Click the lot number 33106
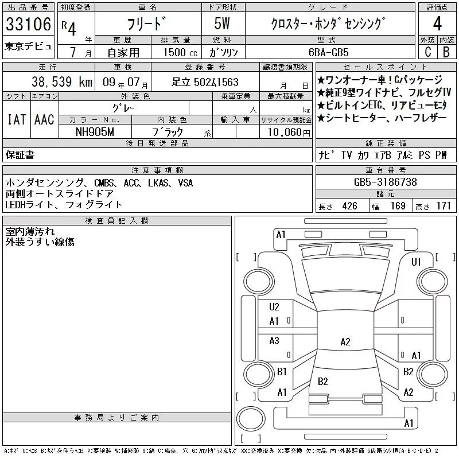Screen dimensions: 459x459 pyautogui.click(x=28, y=24)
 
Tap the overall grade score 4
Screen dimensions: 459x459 pyautogui.click(x=437, y=24)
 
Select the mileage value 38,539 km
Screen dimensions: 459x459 pyautogui.click(x=62, y=81)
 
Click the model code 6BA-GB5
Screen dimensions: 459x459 pyautogui.click(x=328, y=52)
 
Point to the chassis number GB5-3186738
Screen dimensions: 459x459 pyautogui.click(x=385, y=182)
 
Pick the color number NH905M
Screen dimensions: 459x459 pyautogui.click(x=95, y=132)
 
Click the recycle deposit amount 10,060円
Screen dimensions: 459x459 pyautogui.click(x=289, y=133)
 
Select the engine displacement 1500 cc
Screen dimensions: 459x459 pyautogui.click(x=180, y=52)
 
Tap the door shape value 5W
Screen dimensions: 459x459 pyautogui.click(x=222, y=24)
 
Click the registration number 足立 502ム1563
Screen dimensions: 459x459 pyautogui.click(x=205, y=82)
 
